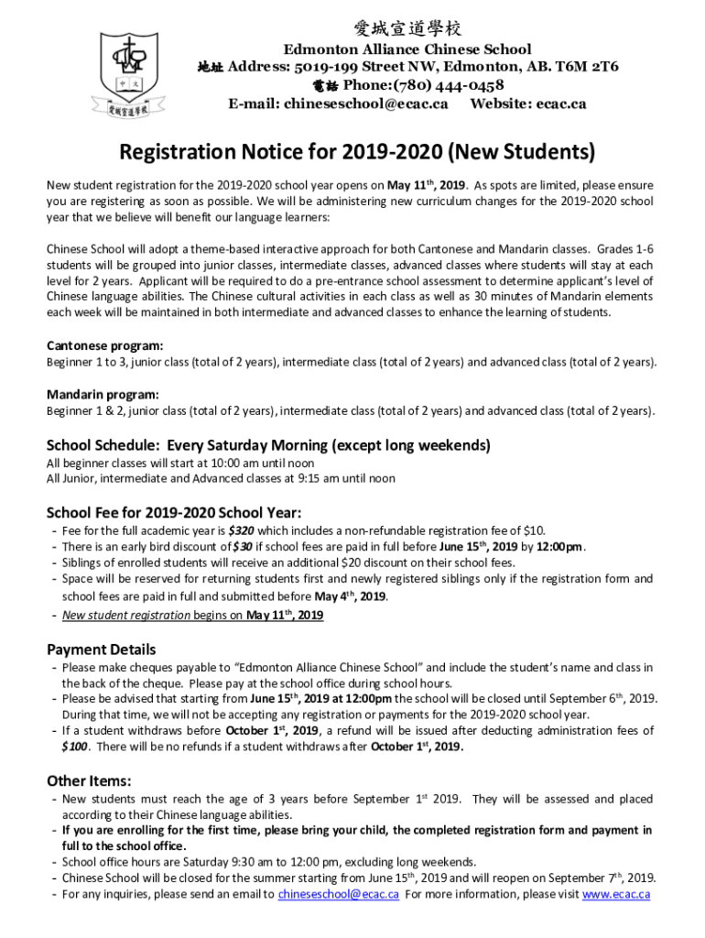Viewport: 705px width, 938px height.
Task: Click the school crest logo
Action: point(127,71)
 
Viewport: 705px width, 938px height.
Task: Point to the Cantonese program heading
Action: point(105,346)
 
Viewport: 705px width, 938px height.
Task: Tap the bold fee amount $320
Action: point(242,530)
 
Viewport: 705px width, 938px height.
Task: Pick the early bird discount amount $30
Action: point(242,547)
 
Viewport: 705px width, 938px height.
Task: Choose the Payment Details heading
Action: point(102,649)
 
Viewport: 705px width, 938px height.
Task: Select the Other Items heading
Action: point(89,780)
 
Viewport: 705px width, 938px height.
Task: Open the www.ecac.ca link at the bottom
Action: point(616,894)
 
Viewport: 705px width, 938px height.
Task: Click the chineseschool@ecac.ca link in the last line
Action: point(338,894)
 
